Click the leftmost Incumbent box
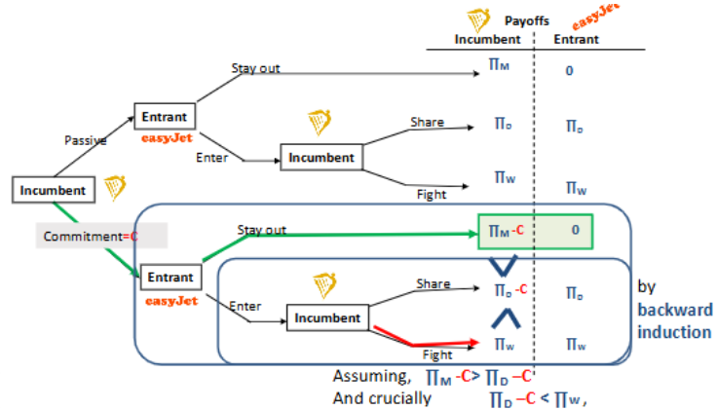pyautogui.click(x=54, y=190)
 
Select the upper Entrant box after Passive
pyautogui.click(x=164, y=116)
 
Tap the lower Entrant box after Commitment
pyautogui.click(x=170, y=277)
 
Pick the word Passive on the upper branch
pyautogui.click(x=84, y=139)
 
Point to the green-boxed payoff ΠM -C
pyautogui.click(x=507, y=231)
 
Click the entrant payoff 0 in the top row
pyautogui.click(x=569, y=70)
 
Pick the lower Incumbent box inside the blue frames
pyautogui.click(x=326, y=317)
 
